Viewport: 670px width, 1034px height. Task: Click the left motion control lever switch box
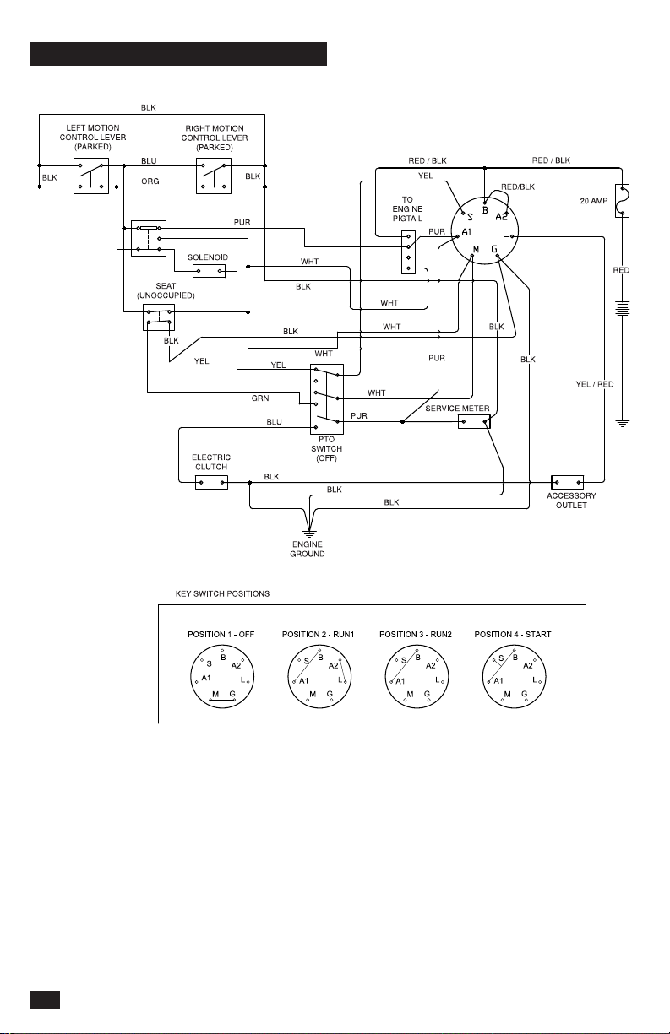[91, 176]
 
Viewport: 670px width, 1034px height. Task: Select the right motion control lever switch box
[214, 176]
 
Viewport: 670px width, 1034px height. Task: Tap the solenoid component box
[209, 271]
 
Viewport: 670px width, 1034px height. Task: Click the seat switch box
[159, 317]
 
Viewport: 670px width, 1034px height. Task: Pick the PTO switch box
[327, 398]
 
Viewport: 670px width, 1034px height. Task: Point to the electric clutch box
[211, 482]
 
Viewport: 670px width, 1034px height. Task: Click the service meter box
[474, 421]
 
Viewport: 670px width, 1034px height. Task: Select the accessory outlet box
[568, 482]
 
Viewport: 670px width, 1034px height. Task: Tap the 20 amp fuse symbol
[623, 201]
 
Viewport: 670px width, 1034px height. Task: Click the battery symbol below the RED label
[623, 308]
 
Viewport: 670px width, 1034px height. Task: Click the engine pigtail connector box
[408, 252]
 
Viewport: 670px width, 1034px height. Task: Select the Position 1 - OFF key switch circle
[222, 677]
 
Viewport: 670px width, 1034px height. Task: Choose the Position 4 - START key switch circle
[514, 677]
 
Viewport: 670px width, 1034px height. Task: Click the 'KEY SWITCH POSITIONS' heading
[222, 593]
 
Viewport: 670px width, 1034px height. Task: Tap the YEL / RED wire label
[595, 384]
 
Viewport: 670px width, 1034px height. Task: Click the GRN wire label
[260, 398]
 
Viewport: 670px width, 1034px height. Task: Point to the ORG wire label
[150, 181]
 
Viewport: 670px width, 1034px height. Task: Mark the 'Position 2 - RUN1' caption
[318, 634]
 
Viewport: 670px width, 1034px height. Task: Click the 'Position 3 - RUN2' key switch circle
[417, 677]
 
